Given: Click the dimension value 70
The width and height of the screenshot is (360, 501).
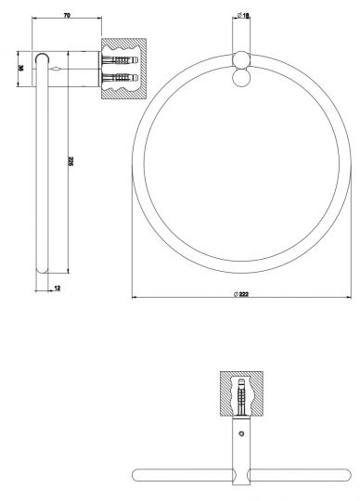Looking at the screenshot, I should tap(68, 15).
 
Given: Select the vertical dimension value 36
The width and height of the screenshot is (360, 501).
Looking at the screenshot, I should tap(20, 68).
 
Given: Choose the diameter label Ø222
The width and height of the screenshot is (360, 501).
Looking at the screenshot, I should tap(241, 294).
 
